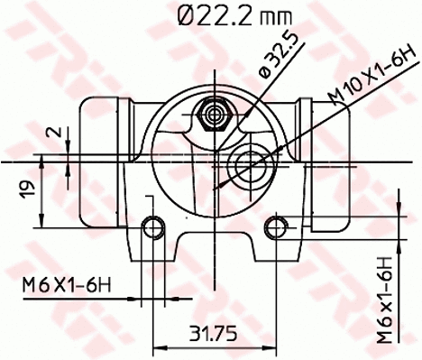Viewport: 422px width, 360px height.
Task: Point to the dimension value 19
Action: click(28, 189)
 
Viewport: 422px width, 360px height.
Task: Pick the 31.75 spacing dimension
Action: click(213, 332)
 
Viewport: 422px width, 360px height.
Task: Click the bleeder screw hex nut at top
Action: click(216, 115)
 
